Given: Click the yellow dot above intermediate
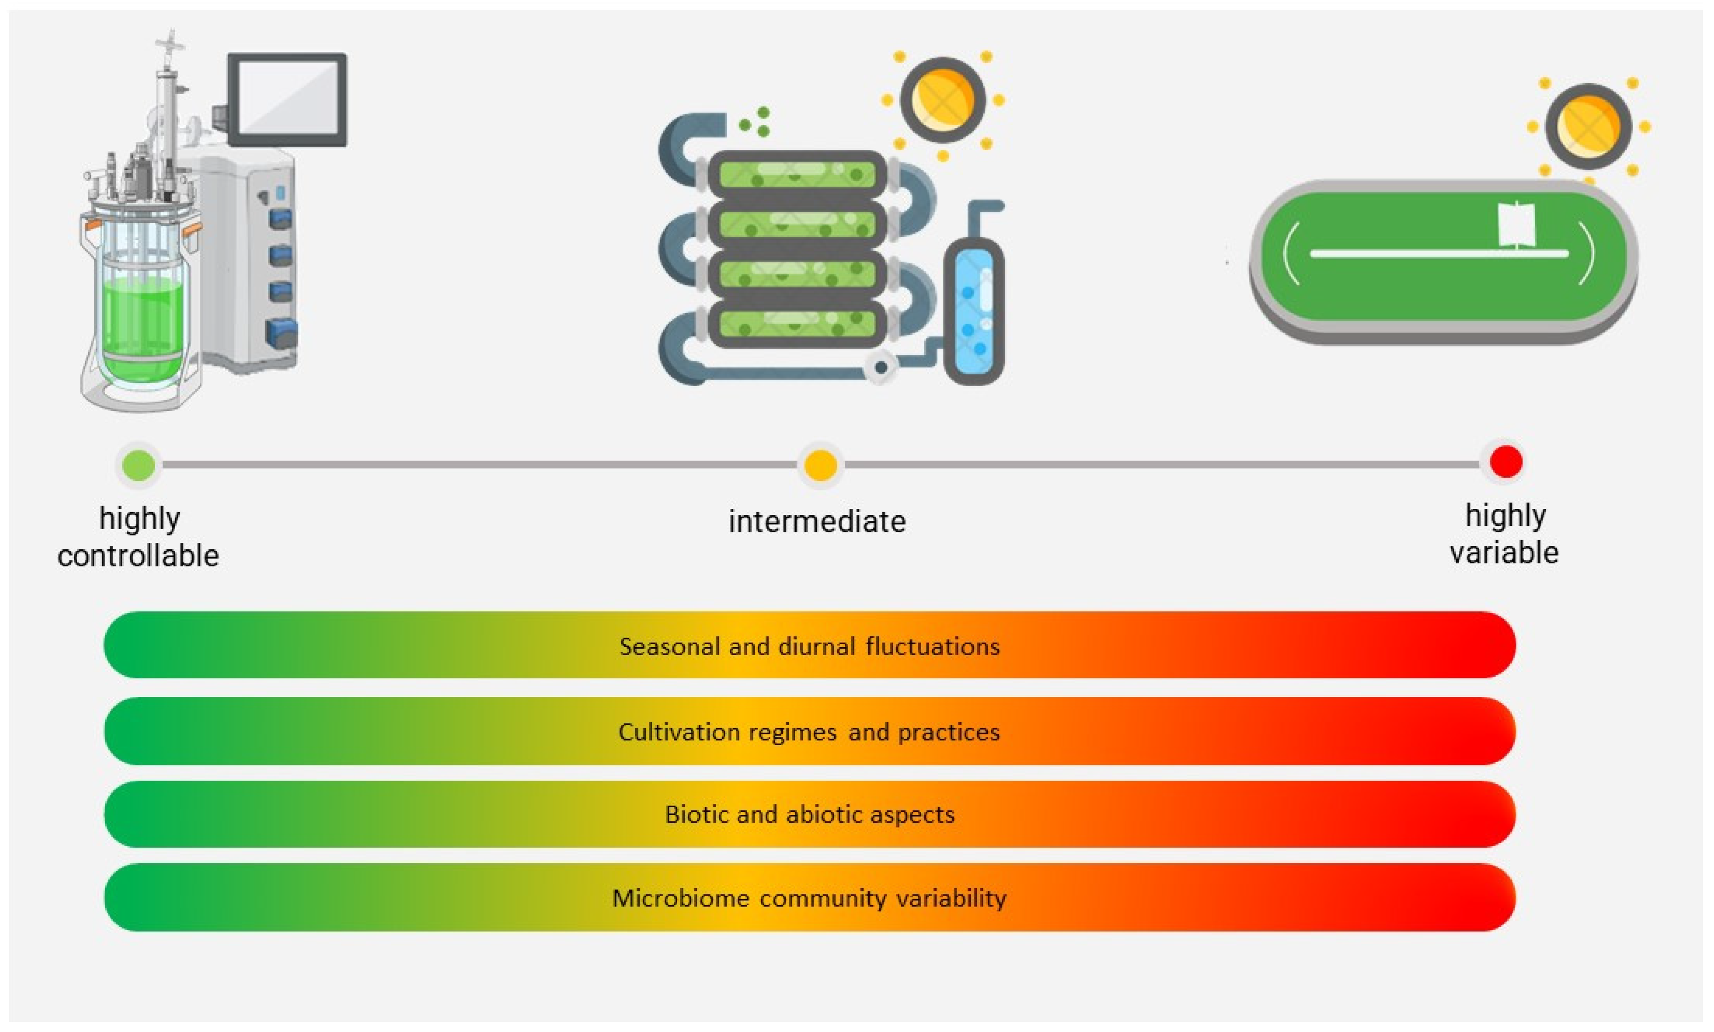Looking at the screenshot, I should [x=820, y=465].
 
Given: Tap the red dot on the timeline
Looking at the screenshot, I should [x=1506, y=461].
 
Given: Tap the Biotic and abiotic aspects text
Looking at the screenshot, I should [x=809, y=814].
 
